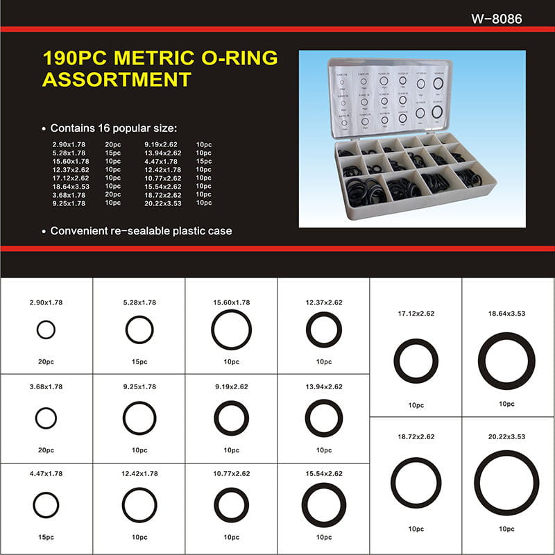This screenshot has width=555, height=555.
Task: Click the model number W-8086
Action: point(496,19)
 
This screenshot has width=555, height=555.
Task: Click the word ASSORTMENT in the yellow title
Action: point(116,80)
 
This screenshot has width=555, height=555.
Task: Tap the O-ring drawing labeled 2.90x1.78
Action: point(46,330)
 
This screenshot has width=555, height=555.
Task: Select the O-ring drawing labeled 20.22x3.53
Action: point(506,482)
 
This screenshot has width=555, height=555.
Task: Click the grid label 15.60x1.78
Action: point(231,302)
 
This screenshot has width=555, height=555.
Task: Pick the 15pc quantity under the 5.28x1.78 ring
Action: point(139,361)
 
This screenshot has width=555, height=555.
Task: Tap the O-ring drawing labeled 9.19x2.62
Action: point(231,418)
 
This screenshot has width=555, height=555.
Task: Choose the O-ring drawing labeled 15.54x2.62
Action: point(324,504)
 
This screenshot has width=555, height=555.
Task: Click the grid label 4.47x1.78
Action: point(46,474)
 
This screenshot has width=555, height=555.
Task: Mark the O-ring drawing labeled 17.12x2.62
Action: point(416,361)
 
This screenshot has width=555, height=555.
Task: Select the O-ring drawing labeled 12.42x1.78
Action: point(139,504)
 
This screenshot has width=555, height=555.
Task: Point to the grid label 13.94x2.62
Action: point(324,387)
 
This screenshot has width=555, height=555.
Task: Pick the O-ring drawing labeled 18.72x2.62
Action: point(416,482)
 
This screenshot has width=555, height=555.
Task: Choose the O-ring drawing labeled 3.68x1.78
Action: point(46,418)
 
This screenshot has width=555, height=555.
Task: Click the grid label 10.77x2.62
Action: point(231,474)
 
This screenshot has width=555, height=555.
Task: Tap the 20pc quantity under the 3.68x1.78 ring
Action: point(46,450)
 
